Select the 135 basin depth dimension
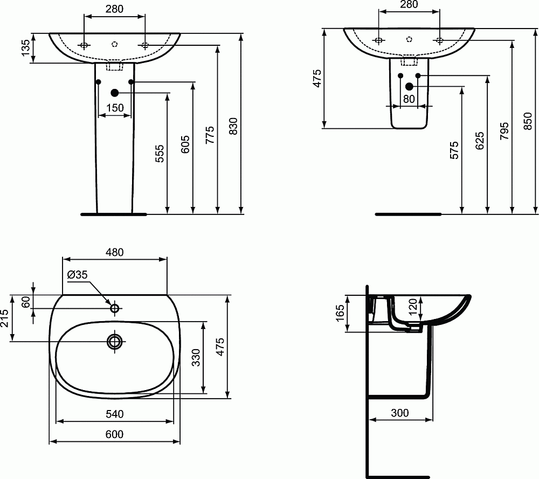25,49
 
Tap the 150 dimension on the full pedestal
115,108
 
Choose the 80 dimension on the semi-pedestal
409,99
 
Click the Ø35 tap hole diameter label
77,275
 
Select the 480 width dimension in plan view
114,252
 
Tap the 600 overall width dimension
114,434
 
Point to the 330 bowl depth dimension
196,357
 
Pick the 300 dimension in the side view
399,413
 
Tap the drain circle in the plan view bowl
114,341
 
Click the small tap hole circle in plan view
114,308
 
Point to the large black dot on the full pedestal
114,93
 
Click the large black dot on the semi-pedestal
409,86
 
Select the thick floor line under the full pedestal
113,214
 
